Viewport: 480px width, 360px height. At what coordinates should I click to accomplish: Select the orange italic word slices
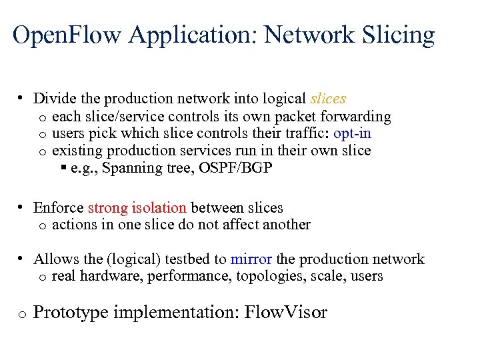pos(328,99)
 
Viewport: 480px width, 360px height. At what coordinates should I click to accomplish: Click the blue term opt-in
pos(352,133)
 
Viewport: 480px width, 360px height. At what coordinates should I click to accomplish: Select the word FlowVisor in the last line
pos(287,312)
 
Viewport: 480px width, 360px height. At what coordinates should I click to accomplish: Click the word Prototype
pos(71,312)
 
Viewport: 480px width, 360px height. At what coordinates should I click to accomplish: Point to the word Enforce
pos(59,208)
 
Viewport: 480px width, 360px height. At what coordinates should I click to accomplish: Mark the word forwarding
pos(360,117)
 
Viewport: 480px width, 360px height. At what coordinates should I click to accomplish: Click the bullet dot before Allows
pos(22,258)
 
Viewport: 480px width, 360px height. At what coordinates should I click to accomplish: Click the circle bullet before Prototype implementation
pos(22,314)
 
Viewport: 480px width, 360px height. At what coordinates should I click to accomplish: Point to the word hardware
pos(105,276)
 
